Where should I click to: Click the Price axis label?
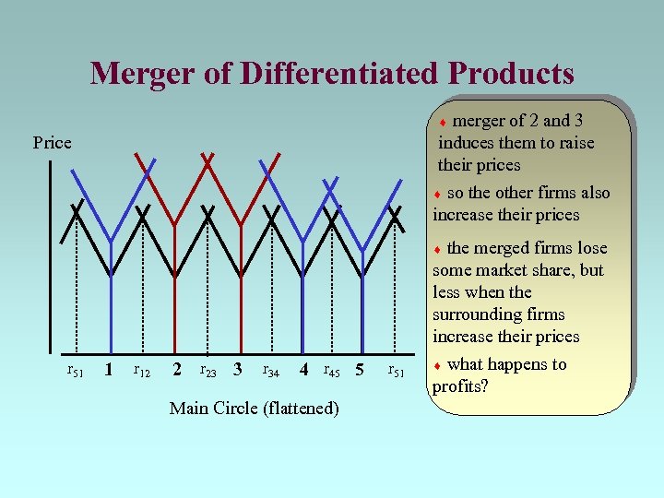(52, 143)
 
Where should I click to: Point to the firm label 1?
(109, 371)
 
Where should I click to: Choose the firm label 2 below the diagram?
(175, 371)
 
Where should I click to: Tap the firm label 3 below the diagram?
(238, 371)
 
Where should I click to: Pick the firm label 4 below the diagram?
(303, 371)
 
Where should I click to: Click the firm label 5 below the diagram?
(361, 371)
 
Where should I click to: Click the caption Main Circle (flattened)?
(254, 409)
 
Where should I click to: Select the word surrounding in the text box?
(479, 314)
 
